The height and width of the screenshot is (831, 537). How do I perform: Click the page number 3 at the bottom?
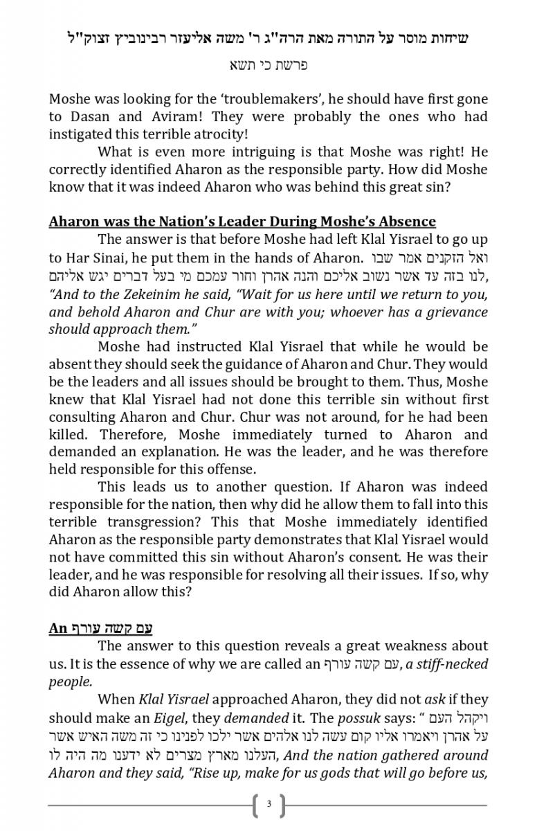(268, 805)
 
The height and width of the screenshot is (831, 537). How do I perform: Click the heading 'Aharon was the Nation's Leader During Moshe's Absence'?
(242, 222)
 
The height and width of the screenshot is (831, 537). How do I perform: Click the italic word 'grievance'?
(453, 311)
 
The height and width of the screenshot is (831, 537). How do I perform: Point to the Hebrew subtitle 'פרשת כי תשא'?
(268, 65)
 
